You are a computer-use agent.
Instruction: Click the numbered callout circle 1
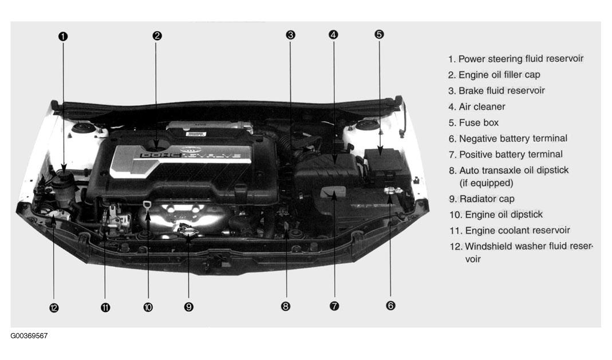click(63, 36)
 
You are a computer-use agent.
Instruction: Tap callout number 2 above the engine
click(157, 35)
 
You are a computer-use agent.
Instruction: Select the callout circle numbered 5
click(379, 34)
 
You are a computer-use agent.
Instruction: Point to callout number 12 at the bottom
click(54, 308)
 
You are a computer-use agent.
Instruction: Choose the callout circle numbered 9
click(188, 307)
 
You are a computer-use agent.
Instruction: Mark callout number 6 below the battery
click(390, 306)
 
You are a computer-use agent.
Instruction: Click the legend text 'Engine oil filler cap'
click(499, 74)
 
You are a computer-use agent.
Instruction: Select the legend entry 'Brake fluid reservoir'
click(502, 90)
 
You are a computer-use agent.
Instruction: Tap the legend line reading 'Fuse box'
click(479, 122)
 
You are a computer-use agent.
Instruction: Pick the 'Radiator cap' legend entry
click(487, 199)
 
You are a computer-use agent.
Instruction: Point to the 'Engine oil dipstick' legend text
click(504, 215)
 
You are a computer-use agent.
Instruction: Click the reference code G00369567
click(29, 336)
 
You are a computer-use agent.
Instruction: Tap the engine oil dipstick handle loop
click(147, 205)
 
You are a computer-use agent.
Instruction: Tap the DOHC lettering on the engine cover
click(161, 155)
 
